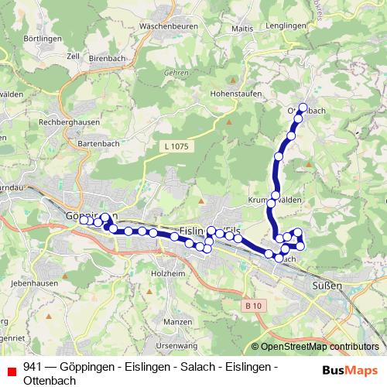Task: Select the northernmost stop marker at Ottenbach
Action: tap(303, 108)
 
